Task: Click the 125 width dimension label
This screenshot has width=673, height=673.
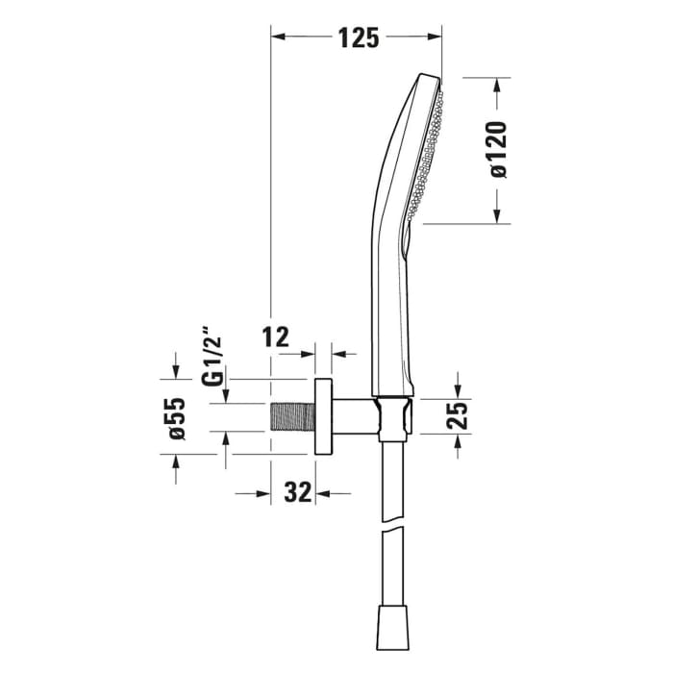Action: coord(358,37)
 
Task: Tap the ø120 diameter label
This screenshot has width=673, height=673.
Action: coord(497,149)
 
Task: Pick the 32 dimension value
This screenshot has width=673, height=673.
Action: coord(299,493)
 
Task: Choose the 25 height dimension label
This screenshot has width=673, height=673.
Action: coord(458,415)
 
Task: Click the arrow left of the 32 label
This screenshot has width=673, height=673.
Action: coord(262,493)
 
